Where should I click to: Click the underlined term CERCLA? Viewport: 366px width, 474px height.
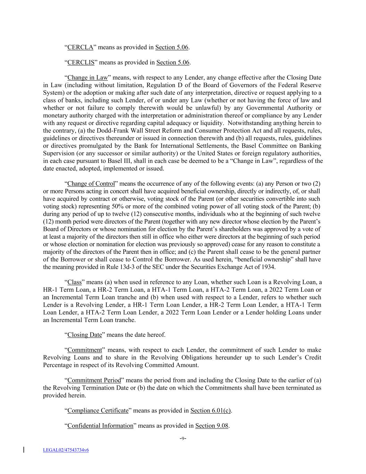[x=80, y=47]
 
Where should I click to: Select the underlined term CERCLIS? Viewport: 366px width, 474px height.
[x=81, y=63]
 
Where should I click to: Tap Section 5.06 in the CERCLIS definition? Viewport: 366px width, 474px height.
[x=173, y=63]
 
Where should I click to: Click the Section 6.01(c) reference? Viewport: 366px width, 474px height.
[x=211, y=410]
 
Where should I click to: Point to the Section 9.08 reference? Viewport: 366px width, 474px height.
[x=212, y=426]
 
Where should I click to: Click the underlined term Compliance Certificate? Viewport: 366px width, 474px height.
[x=98, y=410]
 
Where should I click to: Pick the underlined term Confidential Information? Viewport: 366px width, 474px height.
[x=100, y=426]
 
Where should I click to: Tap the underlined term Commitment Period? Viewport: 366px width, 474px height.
[x=94, y=380]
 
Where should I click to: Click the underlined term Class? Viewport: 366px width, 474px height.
[x=74, y=282]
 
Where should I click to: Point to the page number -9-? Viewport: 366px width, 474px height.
[x=183, y=438]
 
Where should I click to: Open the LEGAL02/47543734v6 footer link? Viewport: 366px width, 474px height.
[x=66, y=450]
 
